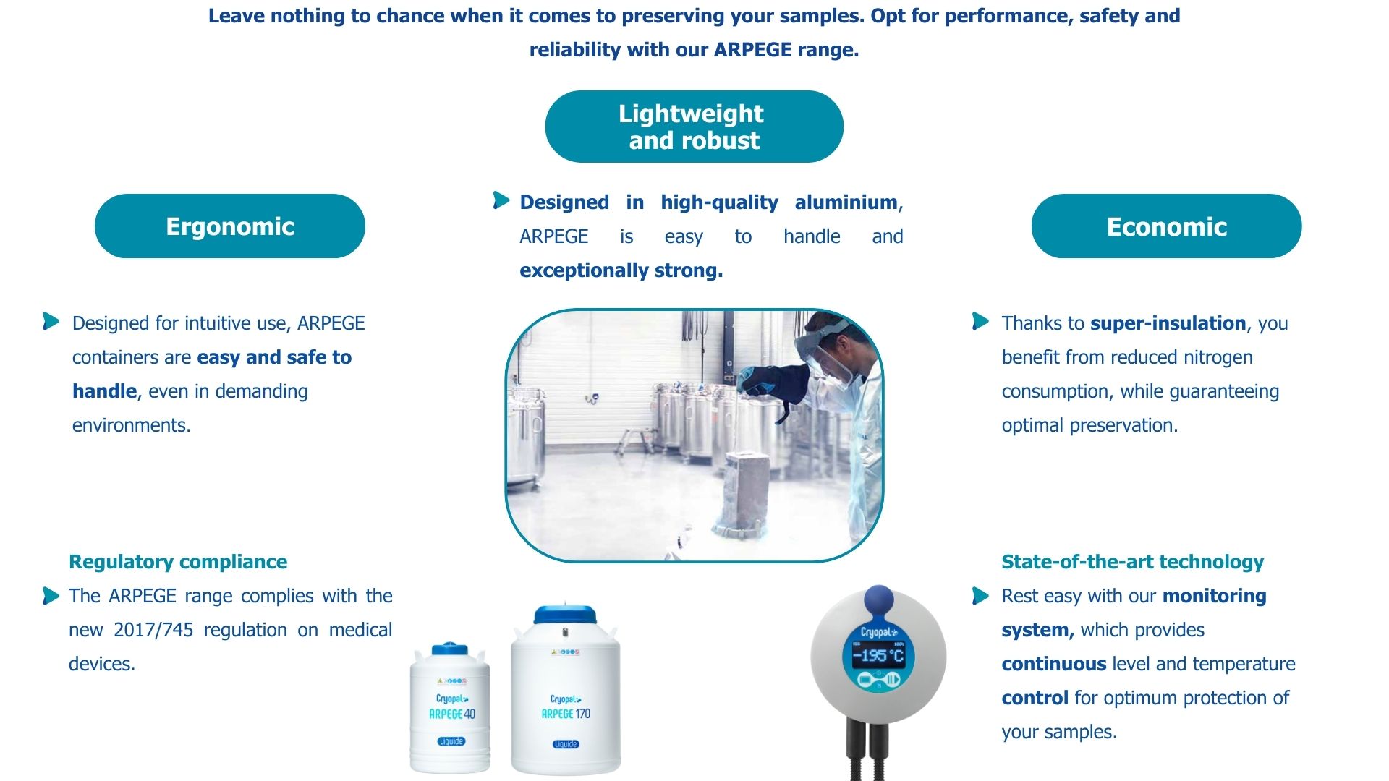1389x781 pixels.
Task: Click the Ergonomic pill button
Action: pyautogui.click(x=230, y=226)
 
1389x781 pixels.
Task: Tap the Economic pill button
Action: pyautogui.click(x=1166, y=226)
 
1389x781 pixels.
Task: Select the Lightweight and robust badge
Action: pyautogui.click(x=694, y=127)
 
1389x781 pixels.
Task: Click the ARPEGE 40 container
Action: pyautogui.click(x=450, y=707)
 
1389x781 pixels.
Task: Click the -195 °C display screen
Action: pyautogui.click(x=878, y=656)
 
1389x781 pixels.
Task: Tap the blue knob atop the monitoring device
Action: pyautogui.click(x=879, y=600)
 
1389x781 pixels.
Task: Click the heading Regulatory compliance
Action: pyautogui.click(x=178, y=562)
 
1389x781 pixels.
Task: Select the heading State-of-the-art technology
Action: pyautogui.click(x=1132, y=562)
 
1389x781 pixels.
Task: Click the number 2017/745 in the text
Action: pyautogui.click(x=153, y=630)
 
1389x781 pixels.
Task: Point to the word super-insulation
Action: pyautogui.click(x=1168, y=323)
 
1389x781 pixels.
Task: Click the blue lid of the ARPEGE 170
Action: pyautogui.click(x=565, y=615)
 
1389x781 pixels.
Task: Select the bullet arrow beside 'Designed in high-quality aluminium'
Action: pyautogui.click(x=501, y=200)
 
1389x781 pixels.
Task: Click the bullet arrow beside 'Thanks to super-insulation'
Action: pyautogui.click(x=980, y=321)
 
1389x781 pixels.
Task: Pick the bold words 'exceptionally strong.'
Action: pyautogui.click(x=621, y=270)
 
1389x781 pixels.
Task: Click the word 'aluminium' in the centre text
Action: pyautogui.click(x=846, y=202)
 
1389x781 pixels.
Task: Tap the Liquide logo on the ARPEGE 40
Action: pyautogui.click(x=451, y=741)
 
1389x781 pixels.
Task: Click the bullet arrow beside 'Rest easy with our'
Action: pyautogui.click(x=980, y=596)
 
